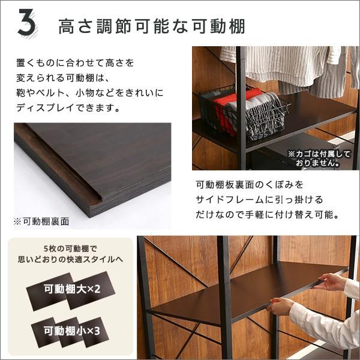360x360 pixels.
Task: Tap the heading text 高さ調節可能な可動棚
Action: pyautogui.click(x=151, y=26)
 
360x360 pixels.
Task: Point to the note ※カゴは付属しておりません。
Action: pyautogui.click(x=319, y=159)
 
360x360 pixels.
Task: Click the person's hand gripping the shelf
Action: pyautogui.click(x=281, y=306)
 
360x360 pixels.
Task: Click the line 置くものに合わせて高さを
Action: pyautogui.click(x=75, y=62)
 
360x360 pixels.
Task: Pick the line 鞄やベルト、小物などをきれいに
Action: pyautogui.click(x=90, y=94)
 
